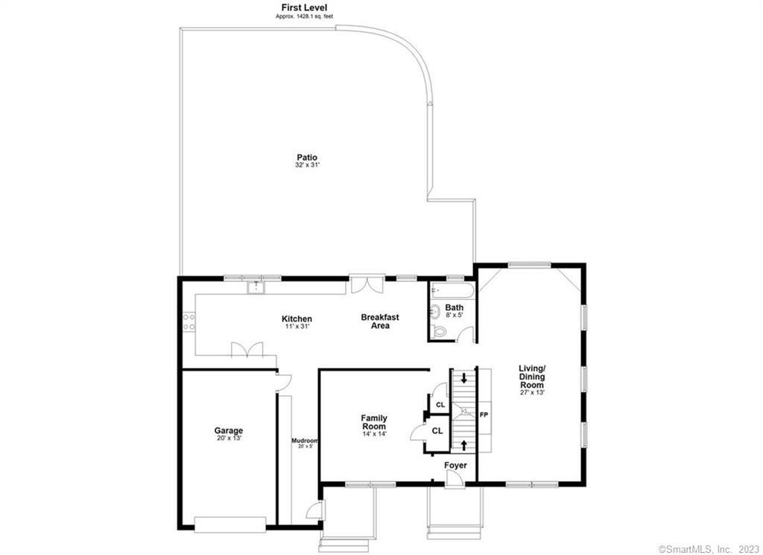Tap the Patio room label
point(307,157)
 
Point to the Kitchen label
point(297,319)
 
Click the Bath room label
point(454,307)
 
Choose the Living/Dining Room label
point(533,377)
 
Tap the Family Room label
point(374,422)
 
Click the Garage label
point(229,430)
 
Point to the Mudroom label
point(305,440)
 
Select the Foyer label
point(456,465)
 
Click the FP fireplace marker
point(484,414)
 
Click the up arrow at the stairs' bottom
point(465,445)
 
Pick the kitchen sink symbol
point(256,286)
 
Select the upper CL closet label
point(440,404)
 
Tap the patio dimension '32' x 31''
point(307,165)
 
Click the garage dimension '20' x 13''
point(229,438)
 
